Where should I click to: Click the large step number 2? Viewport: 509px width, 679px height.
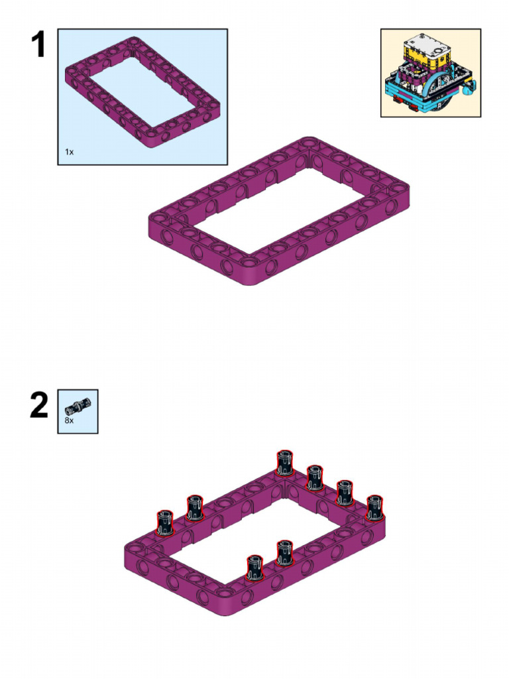point(39,406)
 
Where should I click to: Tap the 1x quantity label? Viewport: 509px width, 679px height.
point(69,152)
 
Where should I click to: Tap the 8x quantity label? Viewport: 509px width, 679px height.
point(69,420)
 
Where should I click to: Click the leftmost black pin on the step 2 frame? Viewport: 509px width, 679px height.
point(164,523)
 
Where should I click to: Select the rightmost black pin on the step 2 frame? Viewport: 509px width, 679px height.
point(374,507)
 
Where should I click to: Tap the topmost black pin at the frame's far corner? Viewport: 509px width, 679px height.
point(284,463)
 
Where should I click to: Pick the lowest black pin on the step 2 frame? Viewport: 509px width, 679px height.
point(254,568)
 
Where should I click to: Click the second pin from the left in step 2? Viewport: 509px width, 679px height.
point(194,508)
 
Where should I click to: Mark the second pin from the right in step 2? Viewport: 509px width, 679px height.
point(344,493)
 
